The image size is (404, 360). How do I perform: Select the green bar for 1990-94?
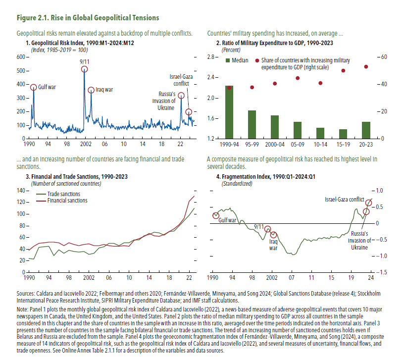229,112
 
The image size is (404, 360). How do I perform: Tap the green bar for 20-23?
365,130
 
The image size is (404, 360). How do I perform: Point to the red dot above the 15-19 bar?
343,70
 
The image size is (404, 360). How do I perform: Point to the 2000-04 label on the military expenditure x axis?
275,144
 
